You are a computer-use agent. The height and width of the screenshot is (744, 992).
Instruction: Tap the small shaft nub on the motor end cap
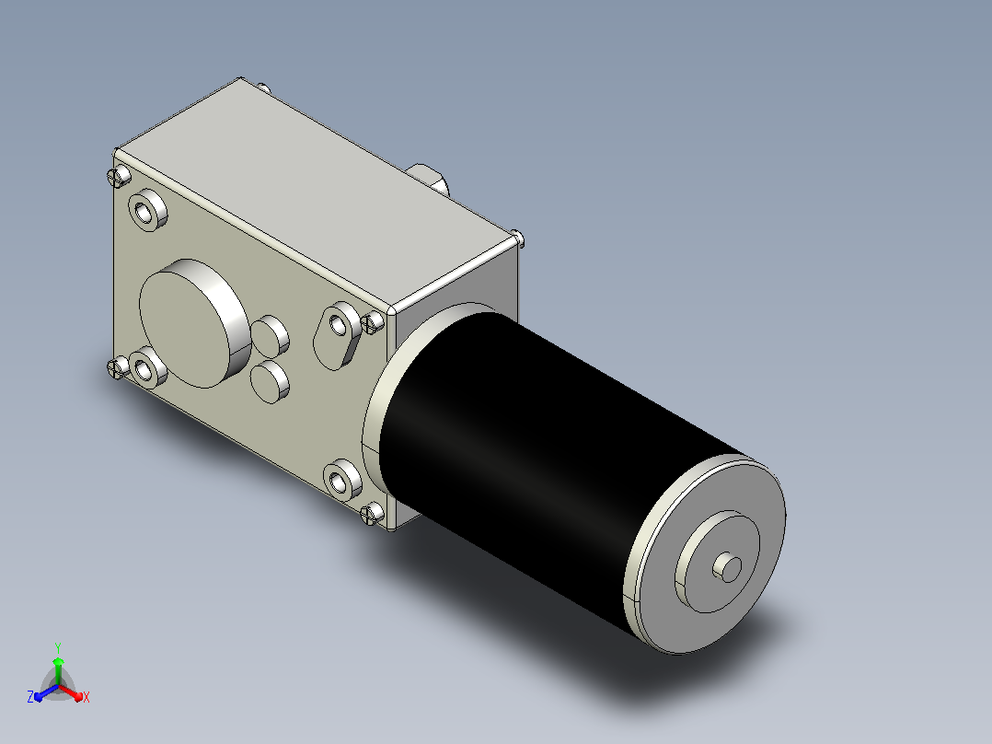click(x=728, y=568)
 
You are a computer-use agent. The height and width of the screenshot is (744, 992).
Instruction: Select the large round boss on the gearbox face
click(x=194, y=323)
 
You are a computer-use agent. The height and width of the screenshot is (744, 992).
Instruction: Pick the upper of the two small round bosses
click(x=271, y=335)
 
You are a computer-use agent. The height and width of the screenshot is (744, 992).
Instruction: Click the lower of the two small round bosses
click(x=271, y=381)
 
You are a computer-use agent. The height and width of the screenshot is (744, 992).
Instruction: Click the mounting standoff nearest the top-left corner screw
click(x=147, y=210)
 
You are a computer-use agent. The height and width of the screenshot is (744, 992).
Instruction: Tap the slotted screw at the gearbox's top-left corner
click(x=119, y=175)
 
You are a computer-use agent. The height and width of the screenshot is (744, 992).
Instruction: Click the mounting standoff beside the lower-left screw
click(x=147, y=366)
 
